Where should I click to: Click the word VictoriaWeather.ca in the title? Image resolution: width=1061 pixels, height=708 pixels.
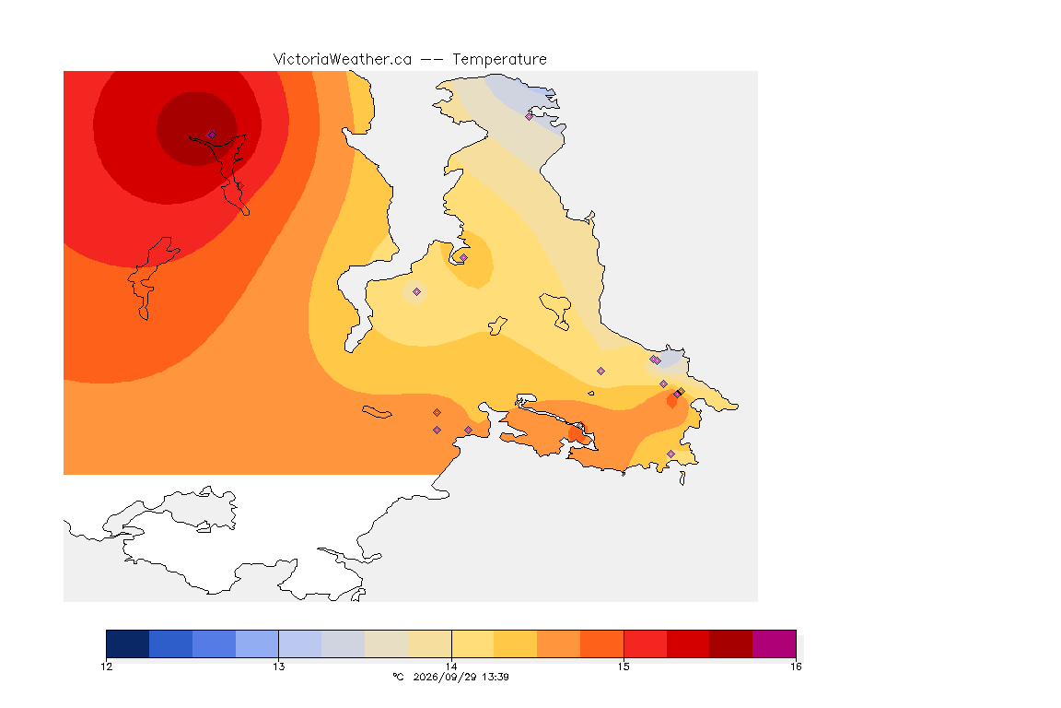click(x=343, y=60)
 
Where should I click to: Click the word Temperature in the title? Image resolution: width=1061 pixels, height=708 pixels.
click(x=499, y=60)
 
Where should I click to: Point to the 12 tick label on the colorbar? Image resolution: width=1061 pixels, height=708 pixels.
click(x=107, y=667)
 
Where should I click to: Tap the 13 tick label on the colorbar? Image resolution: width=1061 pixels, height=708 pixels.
click(x=279, y=667)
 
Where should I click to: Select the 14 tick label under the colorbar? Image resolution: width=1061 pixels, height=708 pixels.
click(x=451, y=667)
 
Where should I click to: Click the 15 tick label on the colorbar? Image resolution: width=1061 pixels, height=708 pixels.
click(x=624, y=667)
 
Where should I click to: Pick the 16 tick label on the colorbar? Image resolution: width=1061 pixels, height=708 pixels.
click(x=796, y=667)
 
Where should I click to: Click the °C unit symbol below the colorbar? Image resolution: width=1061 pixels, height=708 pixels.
click(x=399, y=677)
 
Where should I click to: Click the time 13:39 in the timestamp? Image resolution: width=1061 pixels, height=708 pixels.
click(x=495, y=677)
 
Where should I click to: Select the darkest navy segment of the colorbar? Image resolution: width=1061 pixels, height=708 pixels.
click(x=128, y=643)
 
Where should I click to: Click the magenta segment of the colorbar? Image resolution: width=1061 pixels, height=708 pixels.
click(x=774, y=643)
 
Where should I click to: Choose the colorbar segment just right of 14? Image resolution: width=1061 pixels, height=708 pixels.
click(x=473, y=643)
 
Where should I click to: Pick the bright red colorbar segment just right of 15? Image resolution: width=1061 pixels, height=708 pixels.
click(x=645, y=643)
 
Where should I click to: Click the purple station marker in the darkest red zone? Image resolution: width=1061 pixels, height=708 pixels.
click(x=212, y=135)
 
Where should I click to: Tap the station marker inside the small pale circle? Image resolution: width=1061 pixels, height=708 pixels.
click(x=417, y=292)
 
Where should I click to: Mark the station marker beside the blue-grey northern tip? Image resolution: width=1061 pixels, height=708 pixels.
click(x=530, y=116)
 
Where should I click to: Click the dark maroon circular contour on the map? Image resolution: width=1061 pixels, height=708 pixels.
click(x=197, y=129)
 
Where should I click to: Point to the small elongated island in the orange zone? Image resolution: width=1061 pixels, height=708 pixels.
click(x=377, y=412)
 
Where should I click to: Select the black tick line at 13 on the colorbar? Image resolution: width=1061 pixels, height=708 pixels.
click(x=279, y=643)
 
